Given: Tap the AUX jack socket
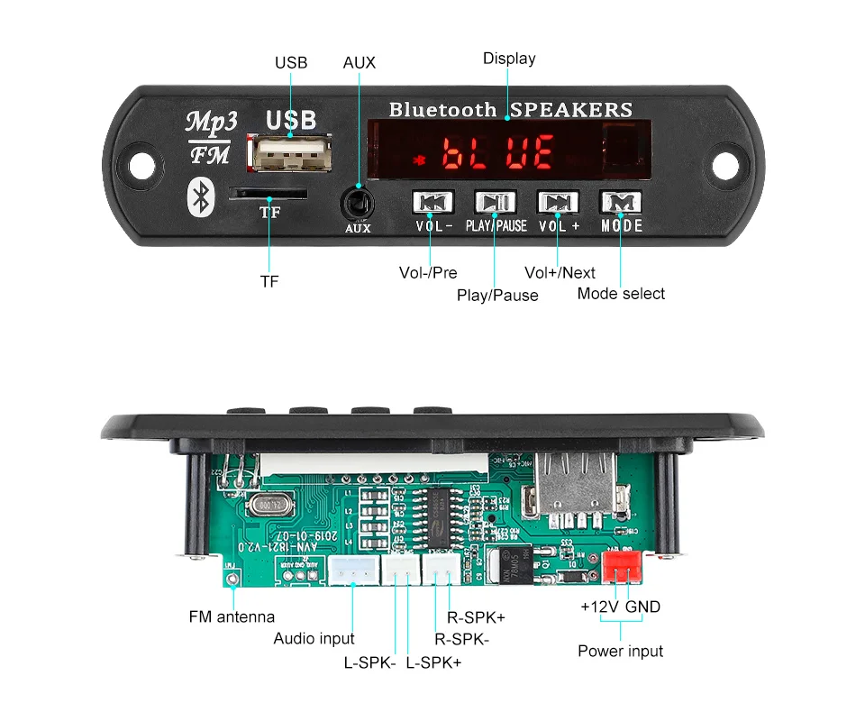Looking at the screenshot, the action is (x=358, y=202).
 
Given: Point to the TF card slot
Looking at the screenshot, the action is (x=269, y=193).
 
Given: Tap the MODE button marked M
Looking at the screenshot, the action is (x=622, y=202).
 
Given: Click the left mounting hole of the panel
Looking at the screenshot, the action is (x=165, y=166).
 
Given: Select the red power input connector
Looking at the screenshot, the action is (x=623, y=567).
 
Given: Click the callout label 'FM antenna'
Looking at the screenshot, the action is (x=232, y=617).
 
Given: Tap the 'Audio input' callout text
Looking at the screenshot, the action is (x=314, y=639).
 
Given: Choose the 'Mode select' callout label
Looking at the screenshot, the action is (x=621, y=293).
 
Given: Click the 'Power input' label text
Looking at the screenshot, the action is (x=620, y=651).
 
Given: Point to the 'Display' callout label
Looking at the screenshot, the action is (x=509, y=59).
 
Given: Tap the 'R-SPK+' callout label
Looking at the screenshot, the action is (x=476, y=617).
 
